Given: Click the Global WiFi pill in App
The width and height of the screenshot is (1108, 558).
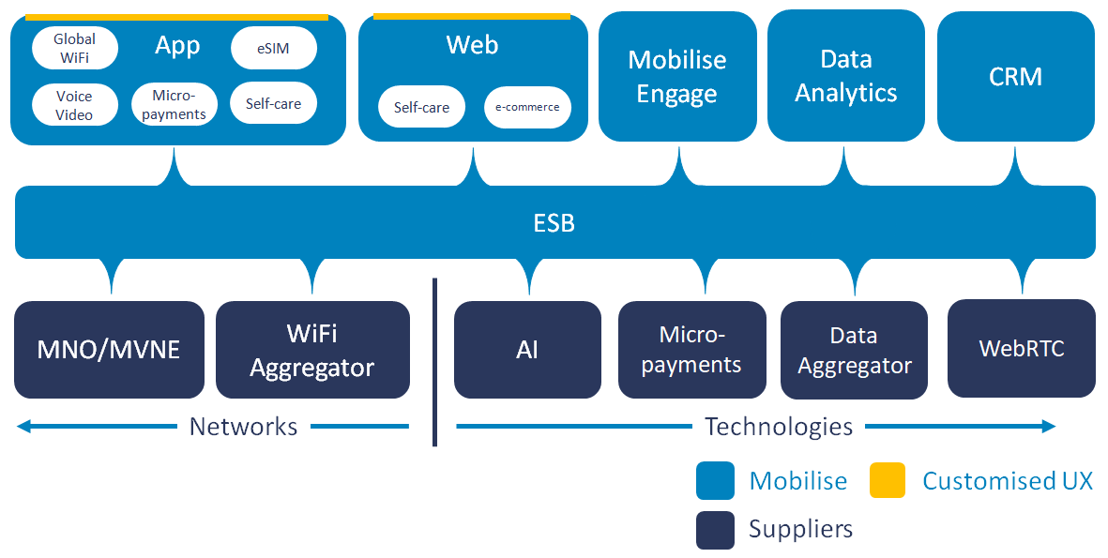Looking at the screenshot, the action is (75, 48).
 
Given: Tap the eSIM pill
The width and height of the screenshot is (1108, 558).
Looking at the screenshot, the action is (273, 48).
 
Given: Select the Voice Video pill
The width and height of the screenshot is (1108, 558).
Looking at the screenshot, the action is (75, 104).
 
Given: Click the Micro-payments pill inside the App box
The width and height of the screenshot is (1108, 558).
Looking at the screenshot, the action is (174, 104).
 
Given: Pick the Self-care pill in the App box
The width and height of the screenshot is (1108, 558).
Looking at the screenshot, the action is (273, 103).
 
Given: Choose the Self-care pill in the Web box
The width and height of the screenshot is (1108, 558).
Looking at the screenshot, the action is (422, 107).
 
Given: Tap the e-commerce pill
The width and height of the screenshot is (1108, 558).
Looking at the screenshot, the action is (527, 107).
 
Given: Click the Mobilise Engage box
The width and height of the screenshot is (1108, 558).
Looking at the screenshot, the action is (677, 76).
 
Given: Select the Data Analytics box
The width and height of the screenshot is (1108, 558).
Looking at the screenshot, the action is (846, 76).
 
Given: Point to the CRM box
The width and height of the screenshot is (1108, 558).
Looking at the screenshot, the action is (1015, 76).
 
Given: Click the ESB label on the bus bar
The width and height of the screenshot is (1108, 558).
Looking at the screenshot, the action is (554, 223).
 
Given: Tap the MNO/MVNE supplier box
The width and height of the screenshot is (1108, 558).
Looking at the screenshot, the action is (109, 350).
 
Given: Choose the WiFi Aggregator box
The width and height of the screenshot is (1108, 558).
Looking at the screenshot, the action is (312, 350).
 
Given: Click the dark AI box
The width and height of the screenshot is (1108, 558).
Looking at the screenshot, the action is (527, 350).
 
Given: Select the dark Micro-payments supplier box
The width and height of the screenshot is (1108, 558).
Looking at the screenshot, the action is (691, 350).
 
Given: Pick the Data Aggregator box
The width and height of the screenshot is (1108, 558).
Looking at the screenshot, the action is (855, 350).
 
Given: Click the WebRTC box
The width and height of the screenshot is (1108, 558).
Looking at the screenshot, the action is (1021, 348).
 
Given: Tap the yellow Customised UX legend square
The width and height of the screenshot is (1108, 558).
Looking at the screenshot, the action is (888, 480).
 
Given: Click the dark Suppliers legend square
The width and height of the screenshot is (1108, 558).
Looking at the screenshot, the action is (715, 530).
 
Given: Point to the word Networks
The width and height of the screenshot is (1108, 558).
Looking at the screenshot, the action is (243, 427).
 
